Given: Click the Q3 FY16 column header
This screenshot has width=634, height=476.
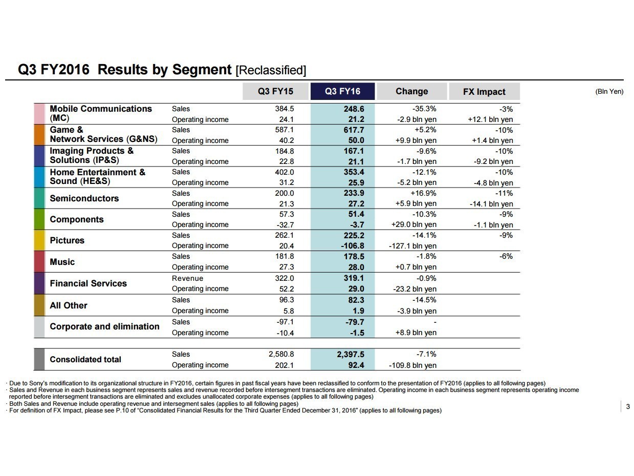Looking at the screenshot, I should pos(342,92).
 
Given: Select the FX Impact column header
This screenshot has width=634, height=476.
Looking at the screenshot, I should pos(484,92).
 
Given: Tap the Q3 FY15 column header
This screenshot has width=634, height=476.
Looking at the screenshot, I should pos(275,92).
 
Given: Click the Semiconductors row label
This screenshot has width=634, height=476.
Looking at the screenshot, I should pos(84,198).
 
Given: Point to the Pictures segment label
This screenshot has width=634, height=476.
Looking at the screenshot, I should pos(67,240).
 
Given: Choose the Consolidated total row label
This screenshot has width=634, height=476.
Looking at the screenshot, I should pos(85,359).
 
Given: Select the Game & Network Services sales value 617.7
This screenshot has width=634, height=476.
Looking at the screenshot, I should pos(354,130).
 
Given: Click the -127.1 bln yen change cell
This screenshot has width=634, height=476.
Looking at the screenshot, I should pos(412,246).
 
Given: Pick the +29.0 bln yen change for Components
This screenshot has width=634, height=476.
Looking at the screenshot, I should pos(414,224).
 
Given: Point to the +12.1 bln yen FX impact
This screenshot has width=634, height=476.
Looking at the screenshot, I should pos(490,119).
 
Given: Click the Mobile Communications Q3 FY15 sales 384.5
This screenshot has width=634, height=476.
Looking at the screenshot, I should pos(285,109).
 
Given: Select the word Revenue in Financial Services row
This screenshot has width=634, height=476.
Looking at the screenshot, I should pos(187,278).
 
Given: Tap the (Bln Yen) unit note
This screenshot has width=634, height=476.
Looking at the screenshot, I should pos(609,92).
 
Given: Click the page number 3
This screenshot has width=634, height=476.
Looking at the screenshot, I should pos(628,407).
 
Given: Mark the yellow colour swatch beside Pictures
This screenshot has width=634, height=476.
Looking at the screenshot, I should pos(39,240).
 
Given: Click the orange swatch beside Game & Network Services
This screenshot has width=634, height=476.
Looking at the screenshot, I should pos(39,135).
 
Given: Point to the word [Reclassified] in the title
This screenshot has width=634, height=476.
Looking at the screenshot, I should pos(271,70).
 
